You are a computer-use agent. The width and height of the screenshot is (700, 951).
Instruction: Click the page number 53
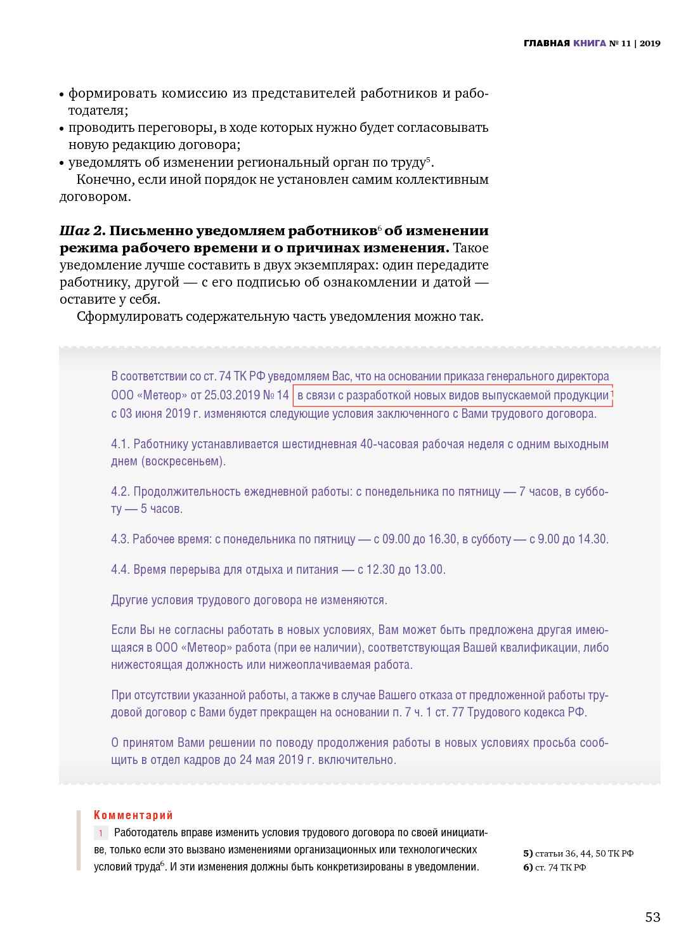click(652, 917)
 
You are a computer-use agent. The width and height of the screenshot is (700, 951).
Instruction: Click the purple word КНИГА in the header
click(590, 43)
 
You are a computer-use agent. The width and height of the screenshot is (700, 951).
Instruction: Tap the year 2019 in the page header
click(650, 43)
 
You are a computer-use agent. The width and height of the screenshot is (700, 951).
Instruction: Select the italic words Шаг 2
click(82, 231)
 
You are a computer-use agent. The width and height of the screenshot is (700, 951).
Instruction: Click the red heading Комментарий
click(133, 815)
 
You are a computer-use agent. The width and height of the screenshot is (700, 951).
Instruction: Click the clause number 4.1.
click(120, 444)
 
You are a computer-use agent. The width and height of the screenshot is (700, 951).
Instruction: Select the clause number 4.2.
click(120, 492)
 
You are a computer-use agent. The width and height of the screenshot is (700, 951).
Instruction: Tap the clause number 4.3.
click(120, 540)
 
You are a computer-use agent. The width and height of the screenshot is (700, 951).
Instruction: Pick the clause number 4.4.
click(120, 570)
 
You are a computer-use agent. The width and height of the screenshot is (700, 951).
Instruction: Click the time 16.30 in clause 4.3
click(443, 540)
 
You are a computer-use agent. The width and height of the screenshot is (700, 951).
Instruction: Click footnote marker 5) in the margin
click(528, 853)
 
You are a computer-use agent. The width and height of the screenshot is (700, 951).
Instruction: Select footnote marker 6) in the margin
click(528, 867)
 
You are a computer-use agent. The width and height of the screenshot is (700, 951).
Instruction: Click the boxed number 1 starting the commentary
click(100, 833)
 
